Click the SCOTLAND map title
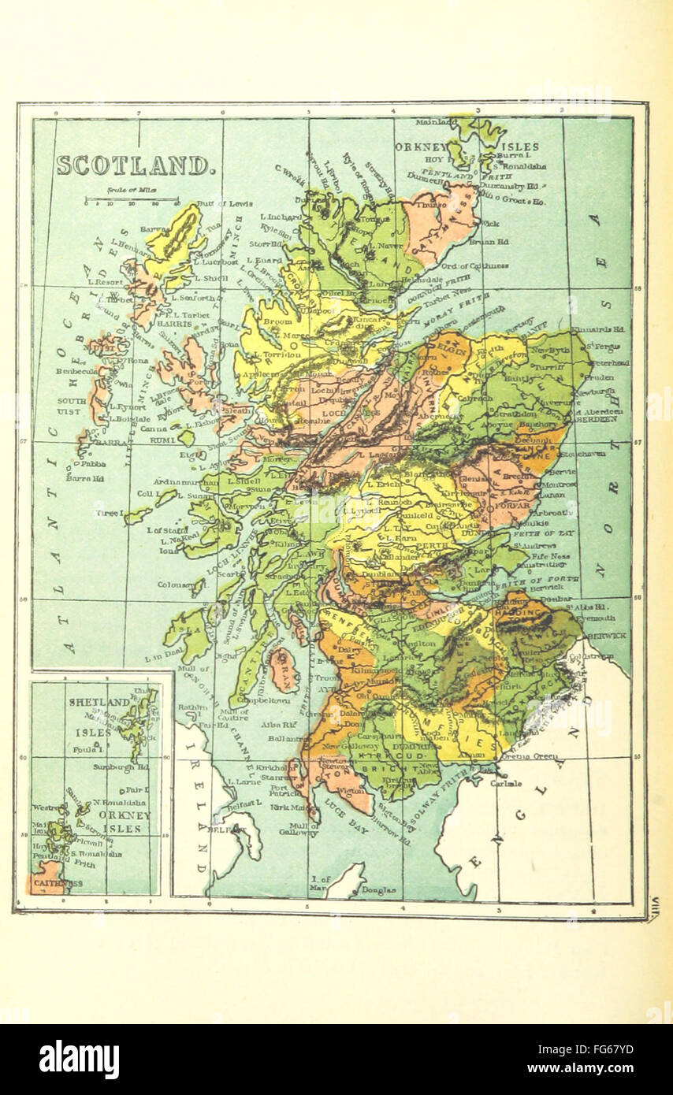tap(134, 165)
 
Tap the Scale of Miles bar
tap(132, 200)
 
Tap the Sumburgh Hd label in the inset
tap(126, 765)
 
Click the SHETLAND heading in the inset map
tap(99, 702)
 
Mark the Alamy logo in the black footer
tap(80, 1060)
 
